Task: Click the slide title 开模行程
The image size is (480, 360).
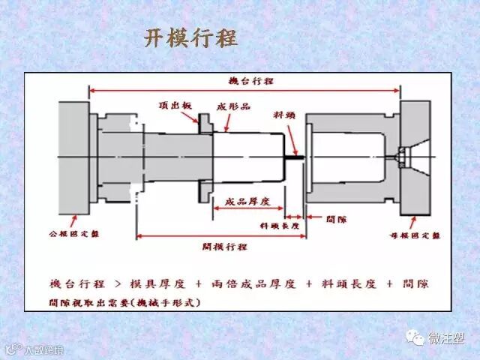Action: point(191,39)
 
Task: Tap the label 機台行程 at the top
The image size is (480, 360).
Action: point(252,80)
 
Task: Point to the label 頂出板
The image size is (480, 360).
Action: point(173,105)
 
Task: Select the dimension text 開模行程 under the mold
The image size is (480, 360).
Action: point(226,245)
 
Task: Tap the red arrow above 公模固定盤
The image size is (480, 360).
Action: point(73,220)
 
